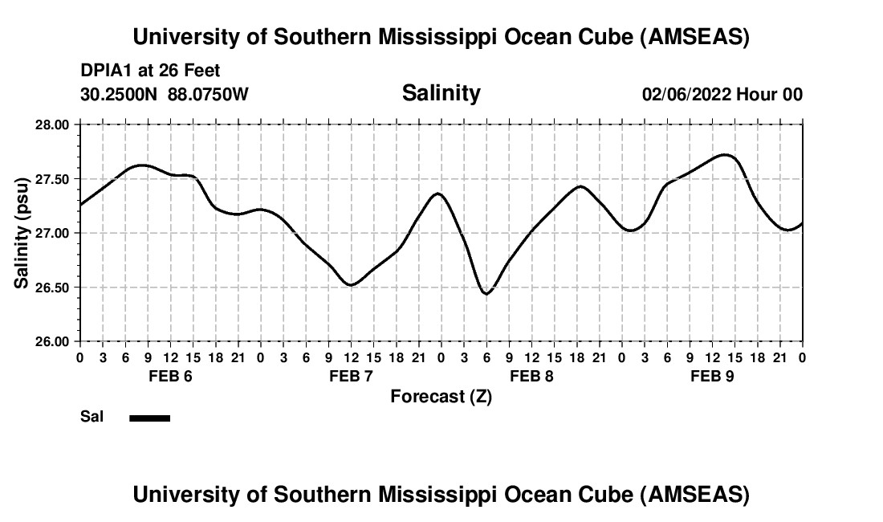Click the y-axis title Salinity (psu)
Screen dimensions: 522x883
pos(22,232)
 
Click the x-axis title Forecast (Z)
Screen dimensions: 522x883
pos(441,396)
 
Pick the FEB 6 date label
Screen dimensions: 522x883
pos(170,376)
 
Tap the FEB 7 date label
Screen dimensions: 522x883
pos(351,376)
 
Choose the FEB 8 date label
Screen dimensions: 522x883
pos(531,376)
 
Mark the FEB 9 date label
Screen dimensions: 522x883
pos(712,376)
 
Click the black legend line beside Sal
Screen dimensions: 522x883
pos(149,418)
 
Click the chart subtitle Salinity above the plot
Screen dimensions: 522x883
pos(441,93)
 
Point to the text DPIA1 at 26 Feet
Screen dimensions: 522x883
pos(150,71)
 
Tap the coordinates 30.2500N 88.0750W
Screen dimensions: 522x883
pos(165,94)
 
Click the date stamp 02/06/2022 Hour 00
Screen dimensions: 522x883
pos(722,94)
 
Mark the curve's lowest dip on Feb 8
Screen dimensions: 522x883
pos(486,293)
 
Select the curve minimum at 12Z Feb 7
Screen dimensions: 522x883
pos(351,284)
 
